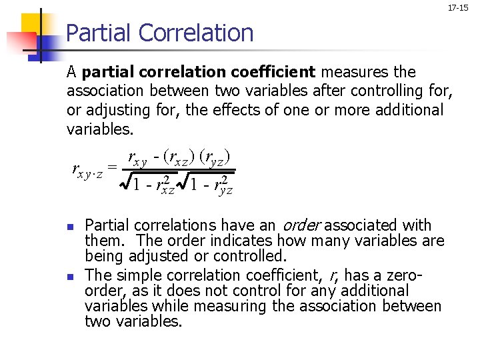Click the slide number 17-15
pos(458,8)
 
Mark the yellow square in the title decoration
pos(32,25)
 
